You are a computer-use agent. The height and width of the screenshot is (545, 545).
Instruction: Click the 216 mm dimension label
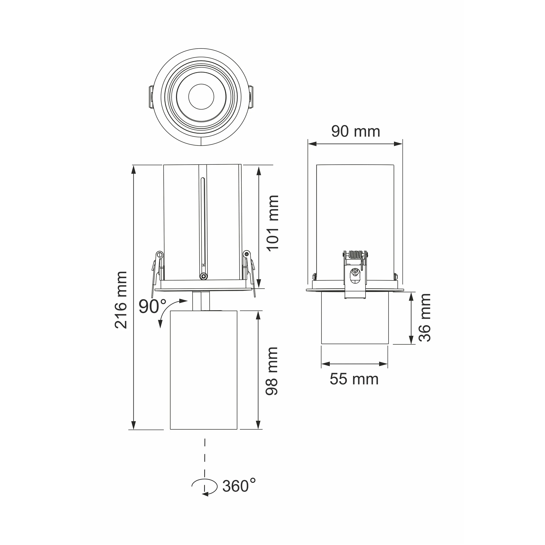121,300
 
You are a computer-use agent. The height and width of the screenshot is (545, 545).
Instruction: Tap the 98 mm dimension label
272,371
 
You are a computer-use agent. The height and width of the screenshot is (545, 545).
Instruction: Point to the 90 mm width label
355,131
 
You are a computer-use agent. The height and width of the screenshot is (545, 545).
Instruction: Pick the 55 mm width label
354,379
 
